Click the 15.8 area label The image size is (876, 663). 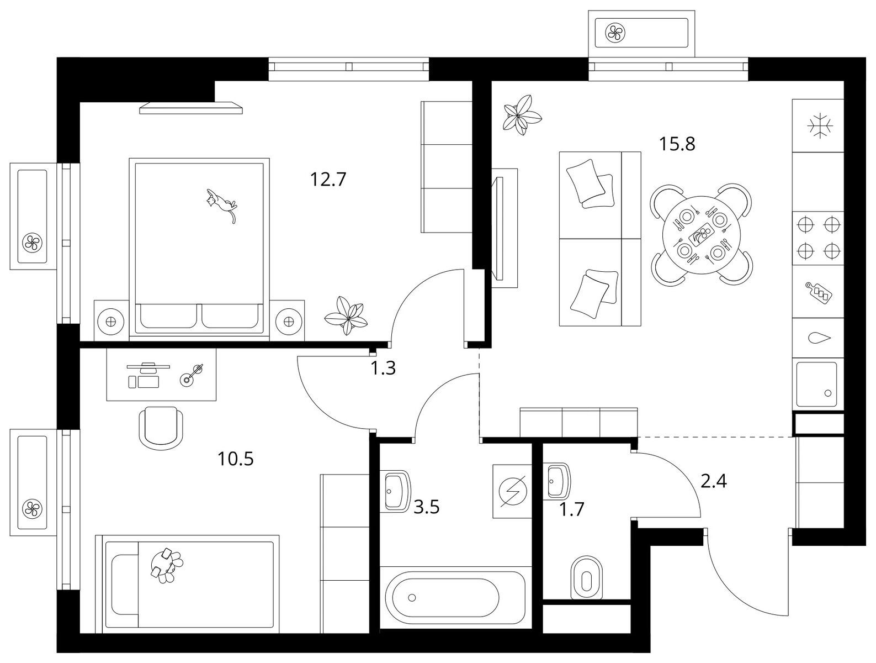click(677, 144)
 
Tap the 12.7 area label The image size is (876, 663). click(328, 180)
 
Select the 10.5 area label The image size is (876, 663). click(236, 459)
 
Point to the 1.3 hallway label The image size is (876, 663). click(383, 368)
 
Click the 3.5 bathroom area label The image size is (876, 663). click(427, 508)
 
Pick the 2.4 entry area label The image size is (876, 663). click(714, 481)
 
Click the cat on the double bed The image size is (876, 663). click(221, 205)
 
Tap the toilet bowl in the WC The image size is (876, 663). click(586, 578)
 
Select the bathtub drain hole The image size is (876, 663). click(412, 597)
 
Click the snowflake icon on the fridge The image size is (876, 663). click(820, 126)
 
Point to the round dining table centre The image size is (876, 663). click(701, 235)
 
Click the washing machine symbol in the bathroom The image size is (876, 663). click(512, 491)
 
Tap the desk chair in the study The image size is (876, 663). click(161, 428)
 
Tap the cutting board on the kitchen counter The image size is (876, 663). click(819, 292)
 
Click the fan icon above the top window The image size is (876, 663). click(616, 33)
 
